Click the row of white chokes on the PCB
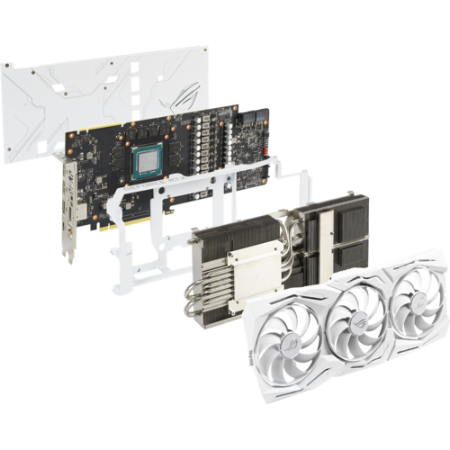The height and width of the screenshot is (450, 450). point(212,144)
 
